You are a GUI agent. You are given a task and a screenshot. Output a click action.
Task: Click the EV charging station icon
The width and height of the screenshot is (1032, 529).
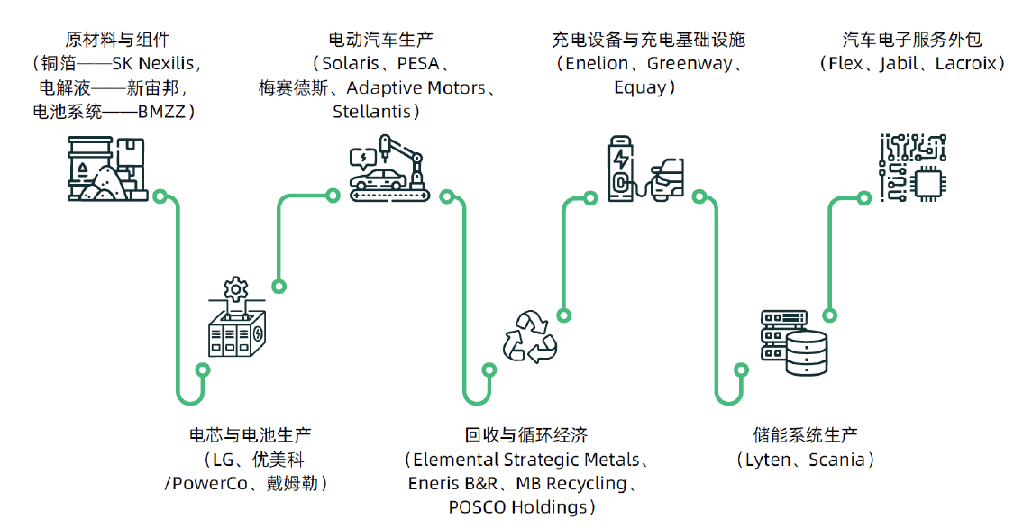pyautogui.click(x=644, y=170)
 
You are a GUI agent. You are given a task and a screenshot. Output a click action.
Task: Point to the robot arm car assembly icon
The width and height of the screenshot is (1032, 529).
pyautogui.click(x=389, y=169)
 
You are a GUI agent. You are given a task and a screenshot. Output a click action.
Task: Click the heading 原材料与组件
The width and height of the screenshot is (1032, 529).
pyautogui.click(x=117, y=40)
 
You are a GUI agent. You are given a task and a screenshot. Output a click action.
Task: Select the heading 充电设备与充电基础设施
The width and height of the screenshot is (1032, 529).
pyautogui.click(x=649, y=40)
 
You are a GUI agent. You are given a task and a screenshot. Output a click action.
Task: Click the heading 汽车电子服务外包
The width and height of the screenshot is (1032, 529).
pyautogui.click(x=912, y=40)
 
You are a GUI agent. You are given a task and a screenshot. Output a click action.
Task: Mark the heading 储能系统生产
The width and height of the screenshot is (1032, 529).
pyautogui.click(x=805, y=435)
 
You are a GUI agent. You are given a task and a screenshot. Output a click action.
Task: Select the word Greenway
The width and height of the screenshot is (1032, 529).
pyautogui.click(x=688, y=64)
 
